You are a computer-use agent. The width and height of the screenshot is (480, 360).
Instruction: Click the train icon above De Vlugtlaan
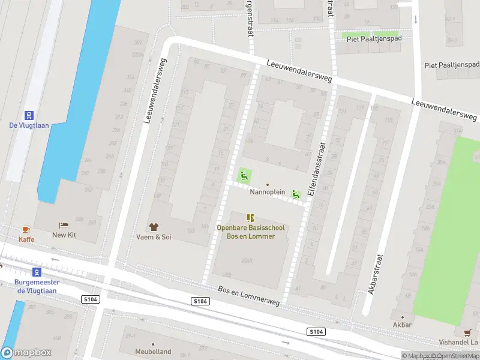28,115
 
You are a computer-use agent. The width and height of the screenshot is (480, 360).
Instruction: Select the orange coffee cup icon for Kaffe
26,230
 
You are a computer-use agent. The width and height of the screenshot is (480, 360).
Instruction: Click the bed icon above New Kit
64,226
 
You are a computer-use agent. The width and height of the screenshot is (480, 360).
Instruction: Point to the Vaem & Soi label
153,237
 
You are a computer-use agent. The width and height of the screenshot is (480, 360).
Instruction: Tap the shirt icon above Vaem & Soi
153,227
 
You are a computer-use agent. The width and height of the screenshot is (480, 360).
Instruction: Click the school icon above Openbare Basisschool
250,218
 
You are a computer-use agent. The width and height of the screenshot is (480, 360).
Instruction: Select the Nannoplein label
267,192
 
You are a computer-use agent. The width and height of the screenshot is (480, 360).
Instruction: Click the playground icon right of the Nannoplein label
295,194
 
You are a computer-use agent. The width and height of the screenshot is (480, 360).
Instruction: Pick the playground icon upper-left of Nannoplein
244,176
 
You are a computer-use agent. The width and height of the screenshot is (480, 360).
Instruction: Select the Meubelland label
153,352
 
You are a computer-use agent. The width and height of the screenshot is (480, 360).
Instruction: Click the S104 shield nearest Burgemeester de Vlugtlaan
89,299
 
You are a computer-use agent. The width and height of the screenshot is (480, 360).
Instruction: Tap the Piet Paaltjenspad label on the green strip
371,37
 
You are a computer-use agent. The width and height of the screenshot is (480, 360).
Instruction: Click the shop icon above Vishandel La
467,332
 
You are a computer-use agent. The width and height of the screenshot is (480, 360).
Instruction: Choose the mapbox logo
26,353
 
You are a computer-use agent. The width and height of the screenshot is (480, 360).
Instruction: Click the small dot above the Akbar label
402,317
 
